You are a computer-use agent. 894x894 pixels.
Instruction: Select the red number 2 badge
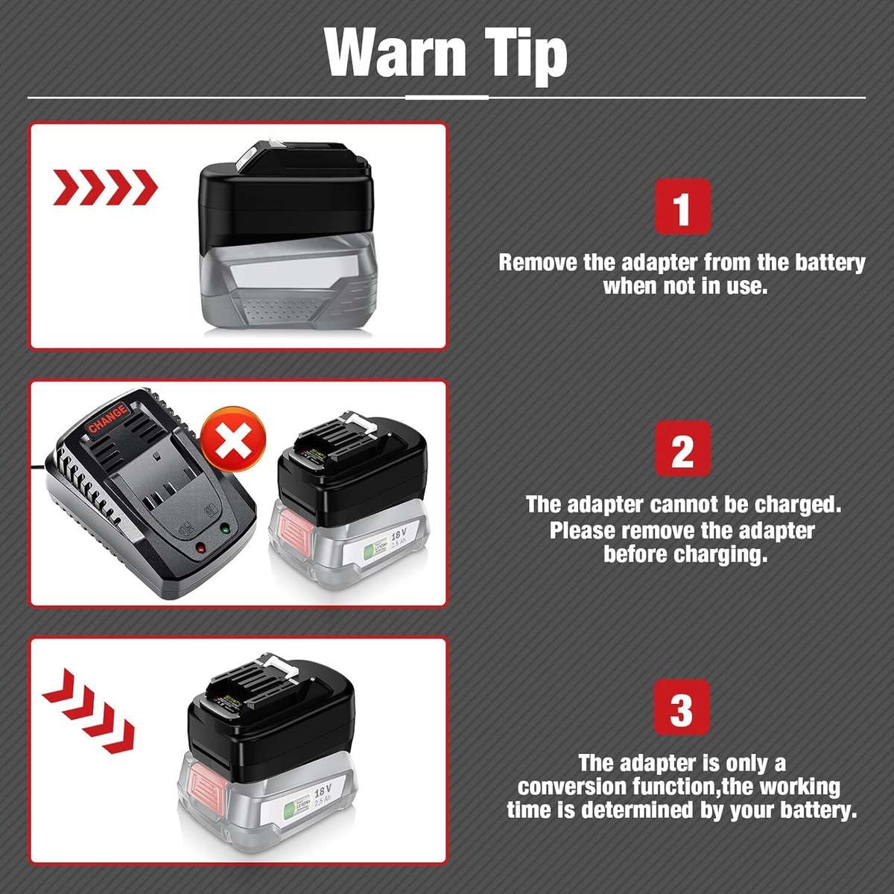coord(682,448)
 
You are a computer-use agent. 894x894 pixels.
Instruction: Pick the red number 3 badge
coord(682,707)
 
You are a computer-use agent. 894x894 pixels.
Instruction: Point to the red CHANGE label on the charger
coord(107,419)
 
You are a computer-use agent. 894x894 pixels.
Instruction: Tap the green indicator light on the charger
coord(224,529)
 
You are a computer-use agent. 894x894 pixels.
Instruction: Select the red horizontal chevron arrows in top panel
coord(105,187)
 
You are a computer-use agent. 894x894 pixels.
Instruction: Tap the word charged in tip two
coord(798,504)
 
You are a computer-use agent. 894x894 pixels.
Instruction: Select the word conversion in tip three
coord(573,787)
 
